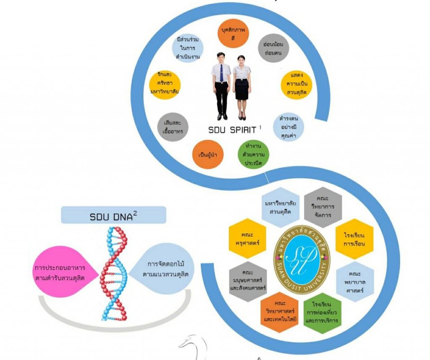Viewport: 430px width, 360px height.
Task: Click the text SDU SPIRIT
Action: click(x=234, y=130)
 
